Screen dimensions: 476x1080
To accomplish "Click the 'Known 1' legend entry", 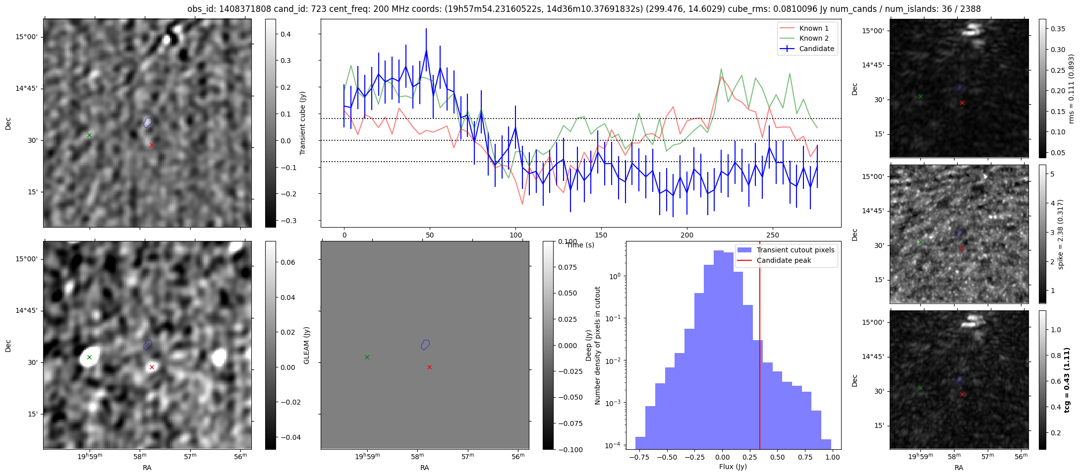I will (814, 28).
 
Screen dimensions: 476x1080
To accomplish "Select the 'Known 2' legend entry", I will (814, 38).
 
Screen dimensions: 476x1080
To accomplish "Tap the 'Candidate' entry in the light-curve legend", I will (816, 49).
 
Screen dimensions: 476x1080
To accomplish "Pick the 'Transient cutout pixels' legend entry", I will (795, 250).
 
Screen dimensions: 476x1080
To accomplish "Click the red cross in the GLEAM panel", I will (429, 367).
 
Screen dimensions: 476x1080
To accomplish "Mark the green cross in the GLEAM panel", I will (367, 357).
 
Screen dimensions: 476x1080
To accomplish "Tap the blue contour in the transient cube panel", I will (148, 122).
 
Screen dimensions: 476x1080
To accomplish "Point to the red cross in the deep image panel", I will (152, 367).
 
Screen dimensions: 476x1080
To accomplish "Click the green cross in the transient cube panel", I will (89, 135).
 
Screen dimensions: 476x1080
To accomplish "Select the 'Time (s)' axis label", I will (580, 245).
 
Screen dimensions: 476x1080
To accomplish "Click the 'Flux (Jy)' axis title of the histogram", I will (733, 467).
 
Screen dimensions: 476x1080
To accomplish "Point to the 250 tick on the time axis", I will (773, 235).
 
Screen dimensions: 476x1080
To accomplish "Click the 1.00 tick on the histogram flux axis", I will (833, 457).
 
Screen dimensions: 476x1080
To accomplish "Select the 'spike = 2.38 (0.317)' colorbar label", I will (1061, 234).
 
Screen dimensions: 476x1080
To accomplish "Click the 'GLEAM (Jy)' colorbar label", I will (306, 346).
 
